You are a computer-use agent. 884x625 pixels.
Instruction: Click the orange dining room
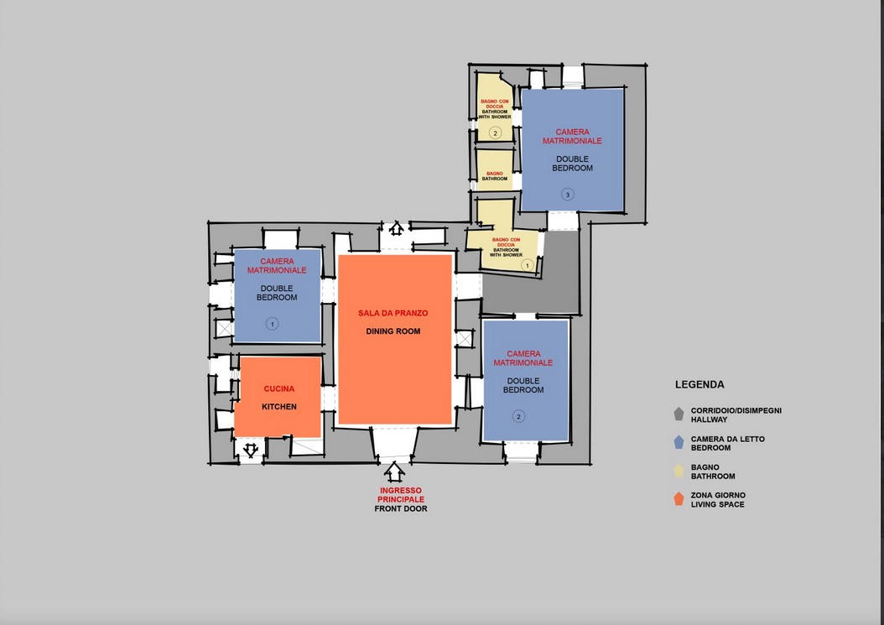pos(395,339)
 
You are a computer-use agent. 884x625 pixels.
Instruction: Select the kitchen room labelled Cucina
pos(278,397)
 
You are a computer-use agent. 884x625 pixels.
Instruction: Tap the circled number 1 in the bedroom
pos(273,324)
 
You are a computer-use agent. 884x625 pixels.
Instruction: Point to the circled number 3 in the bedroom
pos(568,195)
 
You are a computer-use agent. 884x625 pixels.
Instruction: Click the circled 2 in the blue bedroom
pos(518,416)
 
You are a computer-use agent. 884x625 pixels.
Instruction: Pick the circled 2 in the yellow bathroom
pos(495,133)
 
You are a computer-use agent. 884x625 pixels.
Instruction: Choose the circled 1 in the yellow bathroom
pos(528,265)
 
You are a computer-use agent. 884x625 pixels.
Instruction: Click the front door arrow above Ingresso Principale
pos(395,471)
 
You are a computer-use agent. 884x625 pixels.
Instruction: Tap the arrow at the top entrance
pos(397,228)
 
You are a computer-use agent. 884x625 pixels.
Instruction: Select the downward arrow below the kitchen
pos(251,450)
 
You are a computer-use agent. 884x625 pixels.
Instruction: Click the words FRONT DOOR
pos(401,508)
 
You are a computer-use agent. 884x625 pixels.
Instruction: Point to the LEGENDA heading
pos(699,385)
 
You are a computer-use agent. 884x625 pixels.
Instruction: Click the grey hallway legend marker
pos(679,414)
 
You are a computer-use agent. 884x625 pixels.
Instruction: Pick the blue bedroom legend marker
pos(679,442)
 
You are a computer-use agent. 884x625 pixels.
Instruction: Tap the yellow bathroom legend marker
pos(679,471)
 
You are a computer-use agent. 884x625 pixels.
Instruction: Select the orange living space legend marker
pos(679,498)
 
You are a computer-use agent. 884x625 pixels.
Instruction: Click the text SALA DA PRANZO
pos(393,313)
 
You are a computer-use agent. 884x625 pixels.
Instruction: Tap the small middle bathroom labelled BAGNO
pos(495,169)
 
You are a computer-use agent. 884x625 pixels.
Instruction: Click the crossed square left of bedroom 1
pos(225,328)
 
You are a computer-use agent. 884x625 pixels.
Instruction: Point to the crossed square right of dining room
pos(464,339)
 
